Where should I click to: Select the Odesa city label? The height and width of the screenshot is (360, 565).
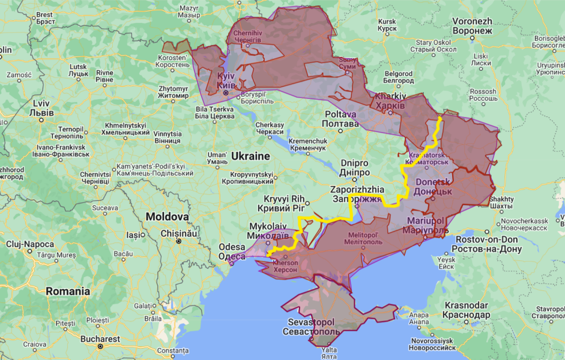point(231,251)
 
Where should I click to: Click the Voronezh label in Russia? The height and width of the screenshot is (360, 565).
point(472,26)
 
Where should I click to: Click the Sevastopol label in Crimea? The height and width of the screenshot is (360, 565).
point(312,326)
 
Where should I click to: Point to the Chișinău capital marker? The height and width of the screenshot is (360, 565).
point(178,241)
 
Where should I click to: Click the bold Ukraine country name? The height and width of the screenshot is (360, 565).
point(250,156)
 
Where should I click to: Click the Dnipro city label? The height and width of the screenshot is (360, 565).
point(354,167)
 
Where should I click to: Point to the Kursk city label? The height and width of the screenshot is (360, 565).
point(387,25)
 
